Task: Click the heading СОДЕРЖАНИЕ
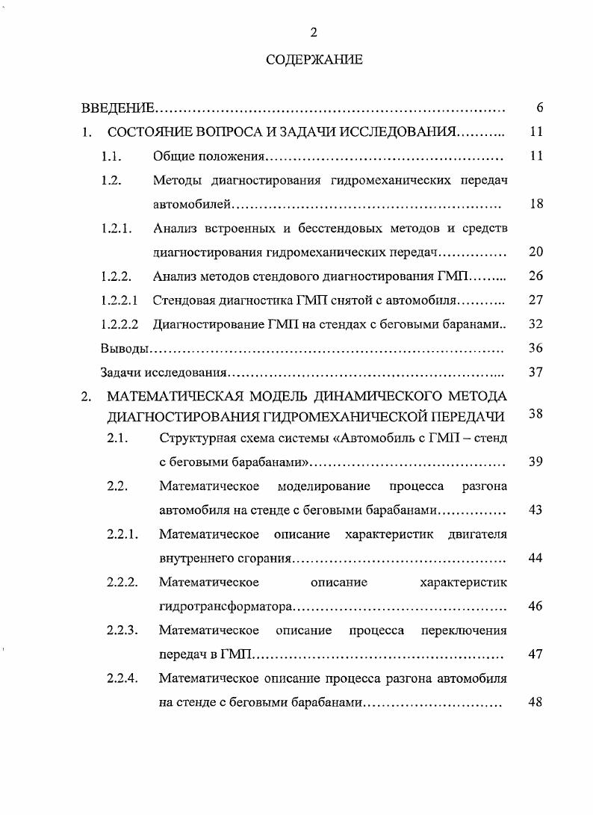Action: (314, 60)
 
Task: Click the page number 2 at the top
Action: (314, 31)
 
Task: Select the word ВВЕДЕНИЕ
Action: (118, 108)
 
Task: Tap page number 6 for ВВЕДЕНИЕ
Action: (539, 108)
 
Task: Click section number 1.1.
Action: (111, 156)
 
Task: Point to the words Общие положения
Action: (209, 156)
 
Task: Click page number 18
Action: (535, 204)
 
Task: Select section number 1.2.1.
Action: (117, 228)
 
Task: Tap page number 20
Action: (535, 252)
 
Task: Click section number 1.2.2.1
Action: (119, 300)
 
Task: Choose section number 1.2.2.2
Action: (119, 324)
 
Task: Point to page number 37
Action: (535, 372)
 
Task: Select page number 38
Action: (535, 414)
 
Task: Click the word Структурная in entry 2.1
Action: (196, 438)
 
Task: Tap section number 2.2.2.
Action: (122, 582)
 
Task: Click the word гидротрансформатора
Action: (226, 606)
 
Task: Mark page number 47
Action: (535, 654)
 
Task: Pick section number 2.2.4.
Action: (122, 678)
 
